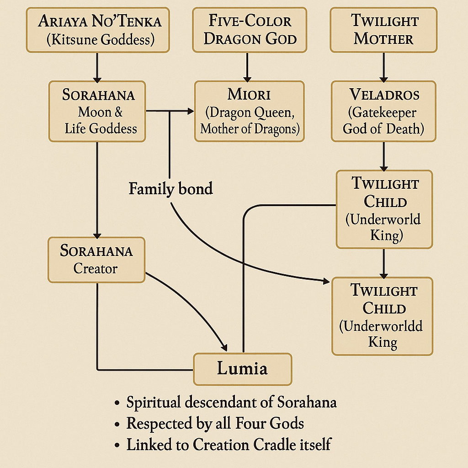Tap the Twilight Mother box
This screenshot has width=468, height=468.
pos(383,30)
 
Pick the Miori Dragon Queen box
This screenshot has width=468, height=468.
pos(250,111)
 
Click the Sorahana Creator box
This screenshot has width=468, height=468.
pos(96,259)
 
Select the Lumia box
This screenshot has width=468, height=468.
pos(242,369)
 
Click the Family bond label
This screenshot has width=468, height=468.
pos(170,188)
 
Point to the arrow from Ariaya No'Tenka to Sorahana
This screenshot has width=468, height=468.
pos(97,66)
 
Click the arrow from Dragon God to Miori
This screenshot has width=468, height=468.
pos(247,66)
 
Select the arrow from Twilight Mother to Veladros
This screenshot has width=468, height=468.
pos(383,66)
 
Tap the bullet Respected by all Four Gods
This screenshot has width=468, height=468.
pos(215,423)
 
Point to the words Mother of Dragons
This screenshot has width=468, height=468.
pos(250,128)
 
